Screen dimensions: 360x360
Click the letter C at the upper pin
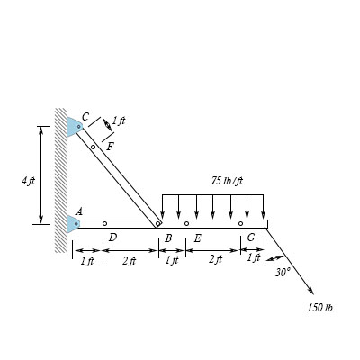85,116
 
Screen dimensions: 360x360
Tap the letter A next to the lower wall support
79,211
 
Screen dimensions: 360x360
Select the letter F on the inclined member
110,146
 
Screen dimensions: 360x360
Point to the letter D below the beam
112,238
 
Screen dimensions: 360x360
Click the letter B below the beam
167,238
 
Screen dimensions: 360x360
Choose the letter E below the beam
196,238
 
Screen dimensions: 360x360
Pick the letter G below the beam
250,238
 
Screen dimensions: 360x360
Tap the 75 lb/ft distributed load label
227,181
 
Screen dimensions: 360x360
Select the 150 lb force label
319,308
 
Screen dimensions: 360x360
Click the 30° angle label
283,271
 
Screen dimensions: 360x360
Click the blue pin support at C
74,127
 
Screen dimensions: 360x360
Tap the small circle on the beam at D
104,223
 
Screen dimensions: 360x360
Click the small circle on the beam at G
240,223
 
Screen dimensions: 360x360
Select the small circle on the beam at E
186,223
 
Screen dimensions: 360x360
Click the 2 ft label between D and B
129,261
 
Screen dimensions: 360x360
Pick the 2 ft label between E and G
214,259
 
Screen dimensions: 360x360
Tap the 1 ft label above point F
119,121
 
